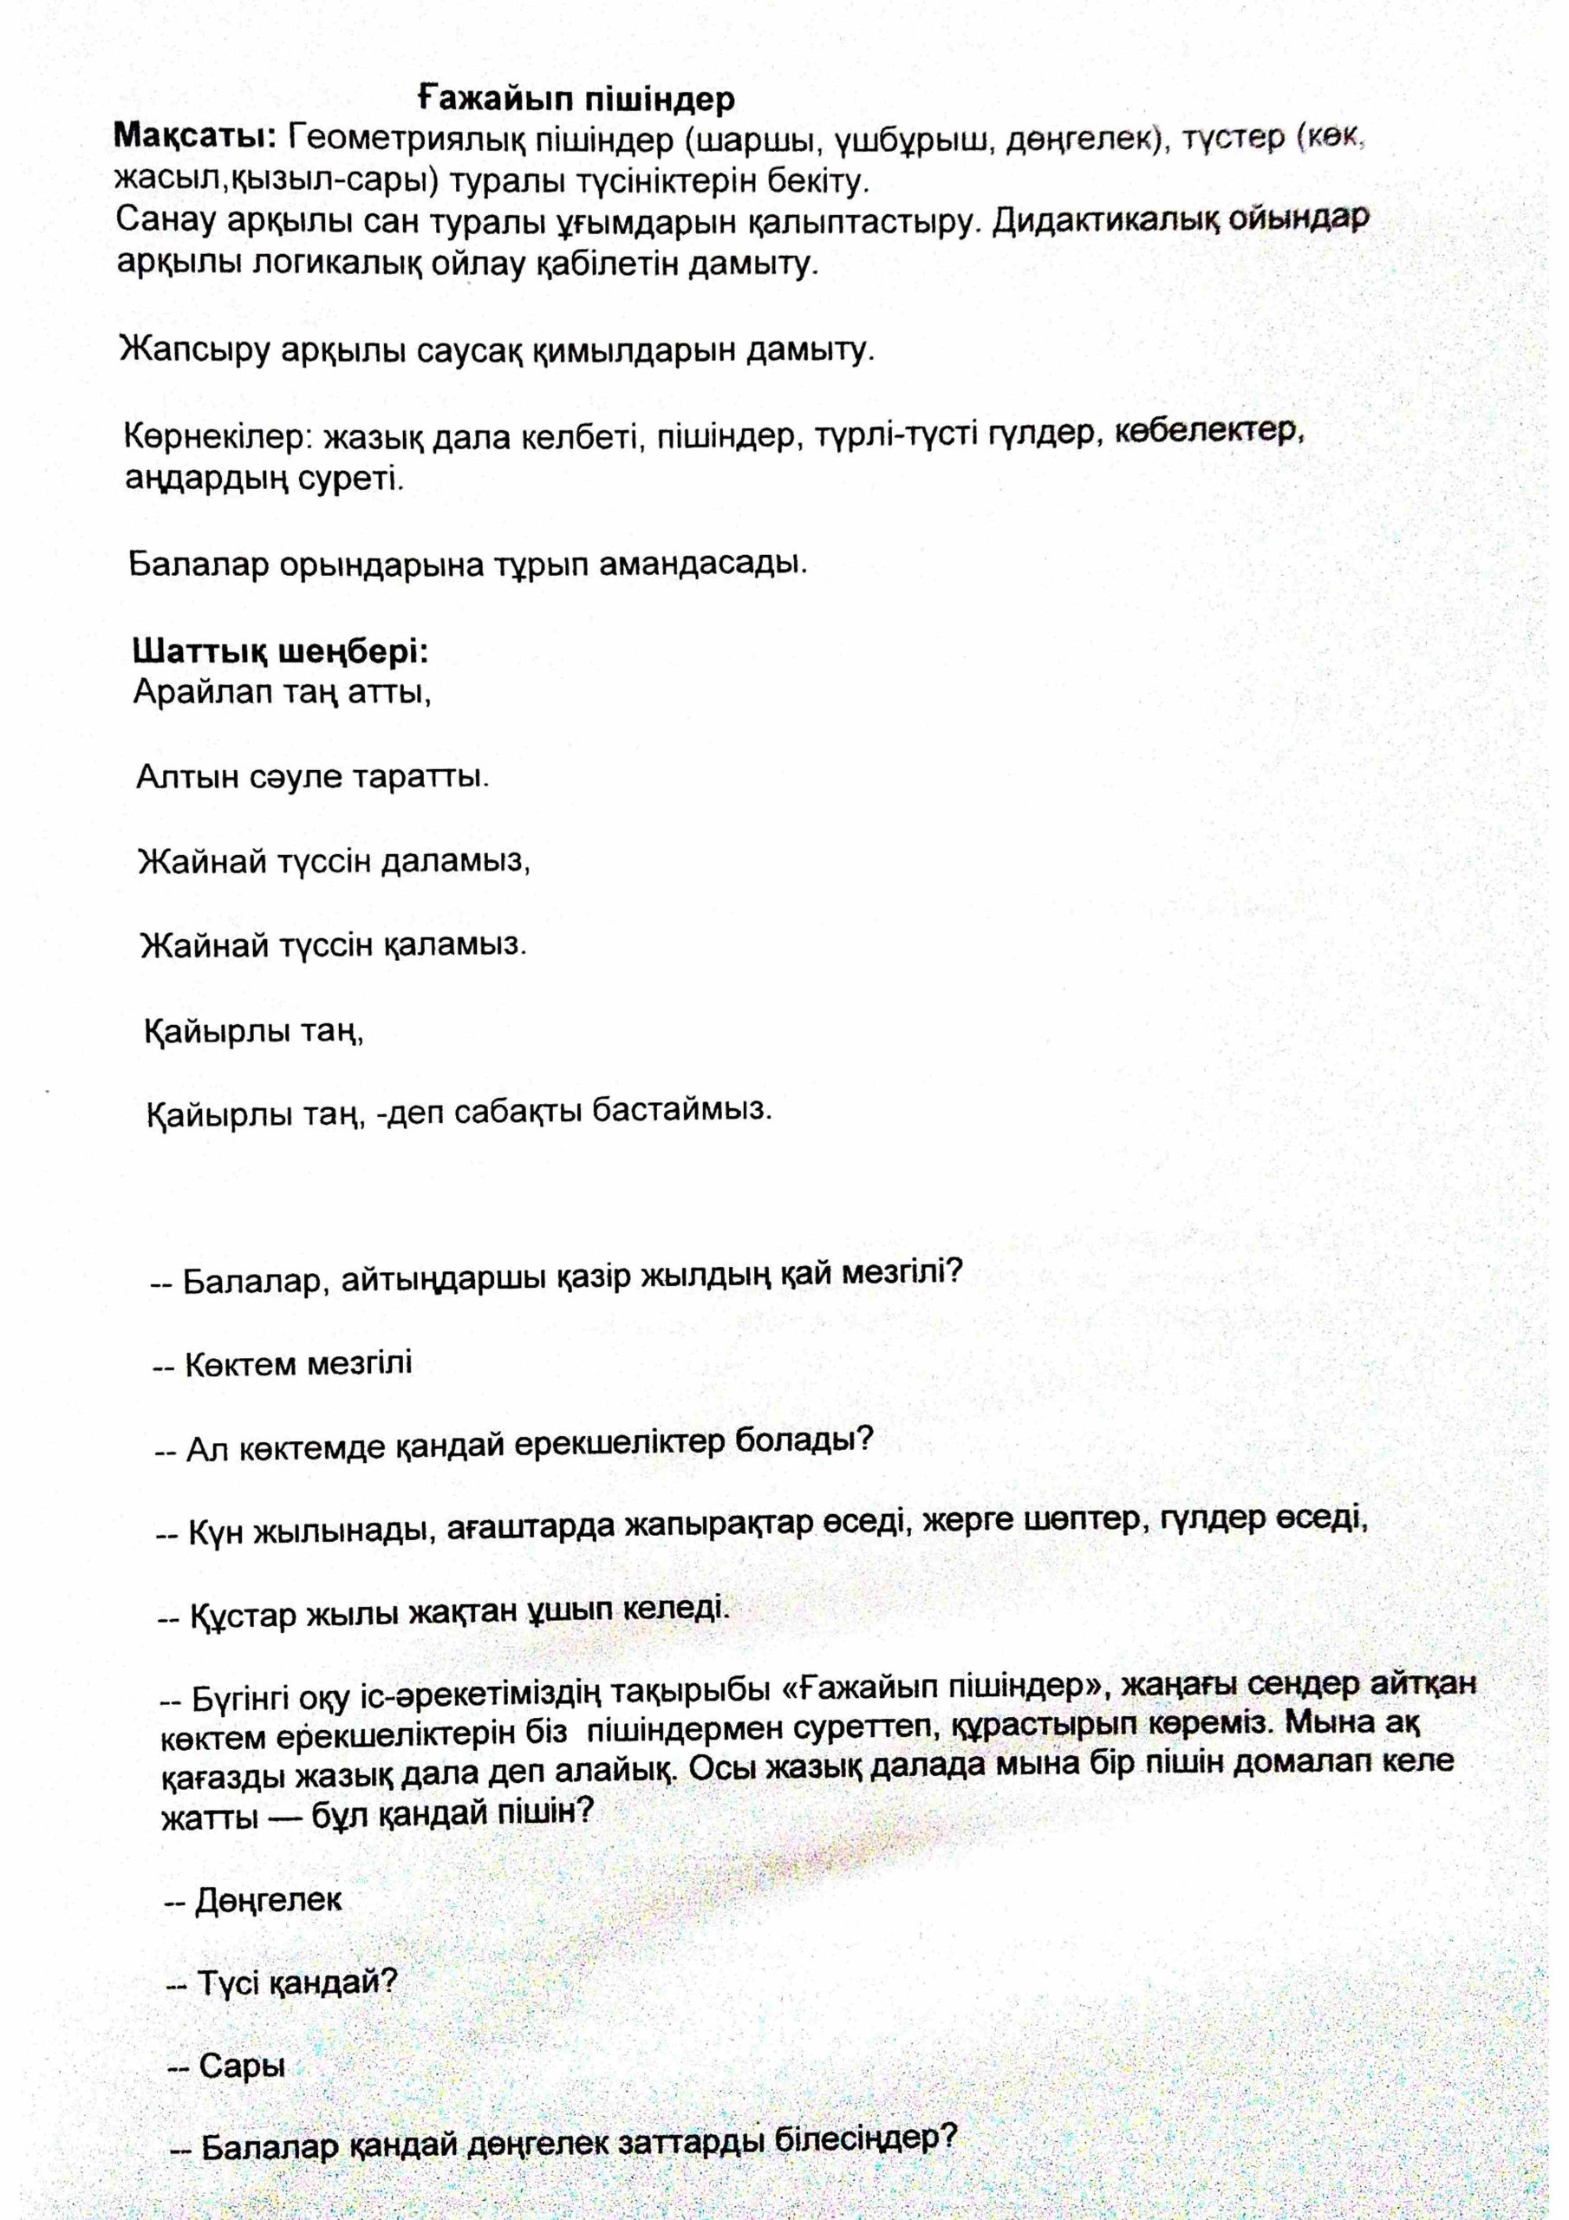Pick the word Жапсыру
(192, 350)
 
